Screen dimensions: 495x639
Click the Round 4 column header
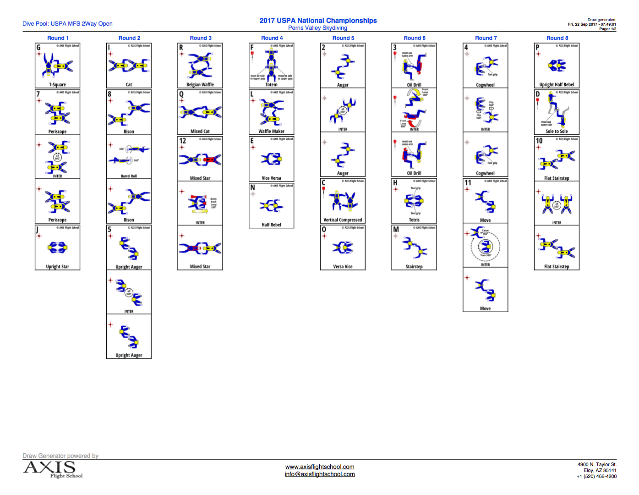click(x=272, y=38)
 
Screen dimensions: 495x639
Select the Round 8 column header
click(x=557, y=38)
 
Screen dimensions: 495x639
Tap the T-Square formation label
click(x=57, y=85)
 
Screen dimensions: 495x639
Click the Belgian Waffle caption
click(x=200, y=85)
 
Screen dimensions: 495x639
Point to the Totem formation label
click(x=271, y=85)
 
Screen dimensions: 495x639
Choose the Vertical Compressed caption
click(x=343, y=220)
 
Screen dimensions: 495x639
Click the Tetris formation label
click(x=414, y=220)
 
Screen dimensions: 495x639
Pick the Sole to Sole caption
click(x=557, y=132)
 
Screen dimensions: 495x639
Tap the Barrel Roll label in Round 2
click(x=129, y=176)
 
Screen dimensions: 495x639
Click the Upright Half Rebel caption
click(x=557, y=85)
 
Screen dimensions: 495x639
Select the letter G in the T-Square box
click(x=38, y=47)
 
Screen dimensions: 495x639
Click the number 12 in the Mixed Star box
click(x=183, y=141)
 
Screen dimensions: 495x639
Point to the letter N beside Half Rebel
click(x=252, y=187)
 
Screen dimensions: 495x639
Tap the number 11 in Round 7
click(x=468, y=182)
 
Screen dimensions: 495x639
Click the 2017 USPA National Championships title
click(x=318, y=21)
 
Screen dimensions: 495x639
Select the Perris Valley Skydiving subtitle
click(x=317, y=28)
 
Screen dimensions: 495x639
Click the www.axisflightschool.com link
click(x=320, y=467)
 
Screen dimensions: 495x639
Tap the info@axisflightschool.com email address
click(x=320, y=474)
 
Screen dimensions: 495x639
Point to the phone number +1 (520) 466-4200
click(x=596, y=477)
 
